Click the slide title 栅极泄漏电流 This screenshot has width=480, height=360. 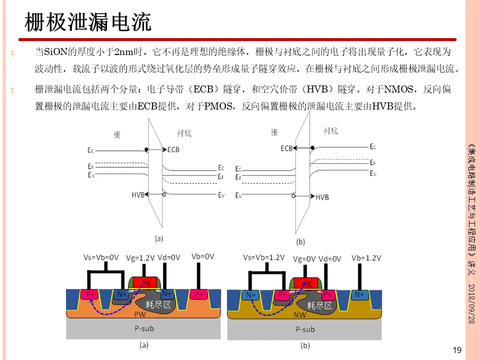88,22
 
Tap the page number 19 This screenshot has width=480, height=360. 456,350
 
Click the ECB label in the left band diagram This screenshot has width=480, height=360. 173,149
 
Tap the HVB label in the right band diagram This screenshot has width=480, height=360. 322,197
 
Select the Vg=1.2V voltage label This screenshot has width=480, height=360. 140,257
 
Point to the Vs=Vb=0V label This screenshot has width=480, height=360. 101,257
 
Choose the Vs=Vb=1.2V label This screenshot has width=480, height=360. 263,257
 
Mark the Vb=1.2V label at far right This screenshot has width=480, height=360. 366,257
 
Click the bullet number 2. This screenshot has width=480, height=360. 13,91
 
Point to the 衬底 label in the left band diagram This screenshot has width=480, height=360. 184,133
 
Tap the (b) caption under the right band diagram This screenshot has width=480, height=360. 300,241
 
